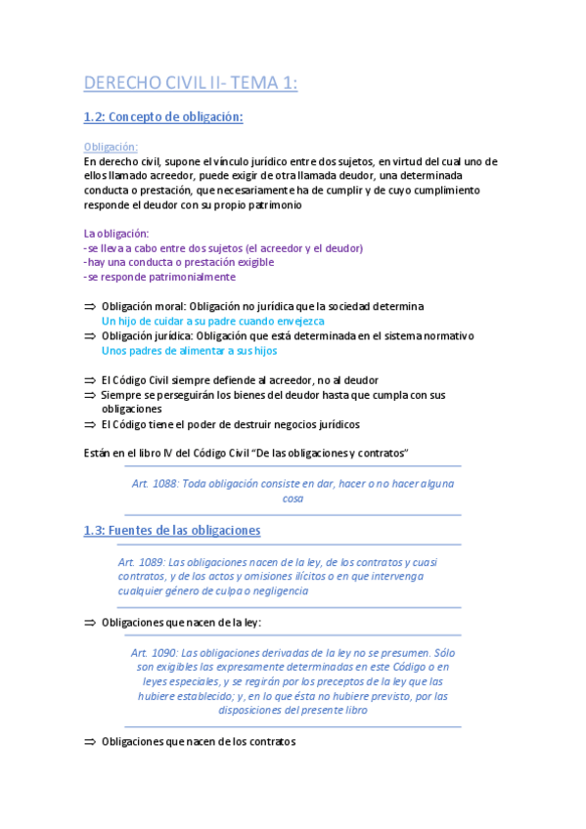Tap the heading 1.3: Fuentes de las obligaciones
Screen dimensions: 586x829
click(x=172, y=530)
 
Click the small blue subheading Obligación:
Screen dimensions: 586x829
click(x=111, y=147)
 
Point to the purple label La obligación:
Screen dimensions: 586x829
click(x=116, y=233)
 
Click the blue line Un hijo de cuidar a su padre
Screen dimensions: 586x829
click(x=212, y=321)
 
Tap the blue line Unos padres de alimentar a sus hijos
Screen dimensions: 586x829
click(x=189, y=350)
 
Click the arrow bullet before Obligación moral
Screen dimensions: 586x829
click(x=90, y=306)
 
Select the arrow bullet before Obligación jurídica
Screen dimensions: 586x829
click(x=90, y=335)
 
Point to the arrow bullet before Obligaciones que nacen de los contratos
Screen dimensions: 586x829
click(x=90, y=741)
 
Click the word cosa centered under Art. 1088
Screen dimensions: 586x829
click(x=293, y=498)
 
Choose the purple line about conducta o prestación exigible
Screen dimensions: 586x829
click(x=179, y=262)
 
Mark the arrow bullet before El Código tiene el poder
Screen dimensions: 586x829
click(x=90, y=424)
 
